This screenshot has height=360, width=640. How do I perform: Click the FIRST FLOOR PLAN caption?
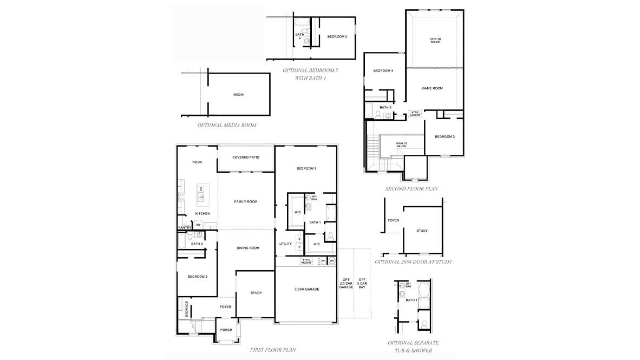(273, 350)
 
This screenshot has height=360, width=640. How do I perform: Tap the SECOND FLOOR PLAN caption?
(412, 189)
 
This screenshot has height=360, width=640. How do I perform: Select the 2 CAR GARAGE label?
(306, 289)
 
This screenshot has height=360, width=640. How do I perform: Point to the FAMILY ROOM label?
(245, 201)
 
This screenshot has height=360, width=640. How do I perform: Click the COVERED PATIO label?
(245, 157)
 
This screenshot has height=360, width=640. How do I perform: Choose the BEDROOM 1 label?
(306, 168)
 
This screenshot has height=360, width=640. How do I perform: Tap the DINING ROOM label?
(248, 248)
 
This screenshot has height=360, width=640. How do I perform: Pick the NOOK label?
(197, 162)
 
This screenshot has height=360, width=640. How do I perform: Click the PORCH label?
(226, 329)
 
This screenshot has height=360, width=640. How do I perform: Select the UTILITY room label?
(285, 244)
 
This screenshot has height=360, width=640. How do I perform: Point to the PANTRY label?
(185, 227)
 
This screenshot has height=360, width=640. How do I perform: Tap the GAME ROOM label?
(432, 88)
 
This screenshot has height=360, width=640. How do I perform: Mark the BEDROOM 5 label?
(337, 37)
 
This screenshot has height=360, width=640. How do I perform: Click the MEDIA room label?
(238, 95)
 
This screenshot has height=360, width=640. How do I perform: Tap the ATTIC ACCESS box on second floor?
(415, 114)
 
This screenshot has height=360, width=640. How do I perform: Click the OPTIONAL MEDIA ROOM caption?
(227, 125)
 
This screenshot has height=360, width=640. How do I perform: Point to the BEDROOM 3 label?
(444, 136)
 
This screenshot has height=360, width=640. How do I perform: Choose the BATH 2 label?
(197, 244)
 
